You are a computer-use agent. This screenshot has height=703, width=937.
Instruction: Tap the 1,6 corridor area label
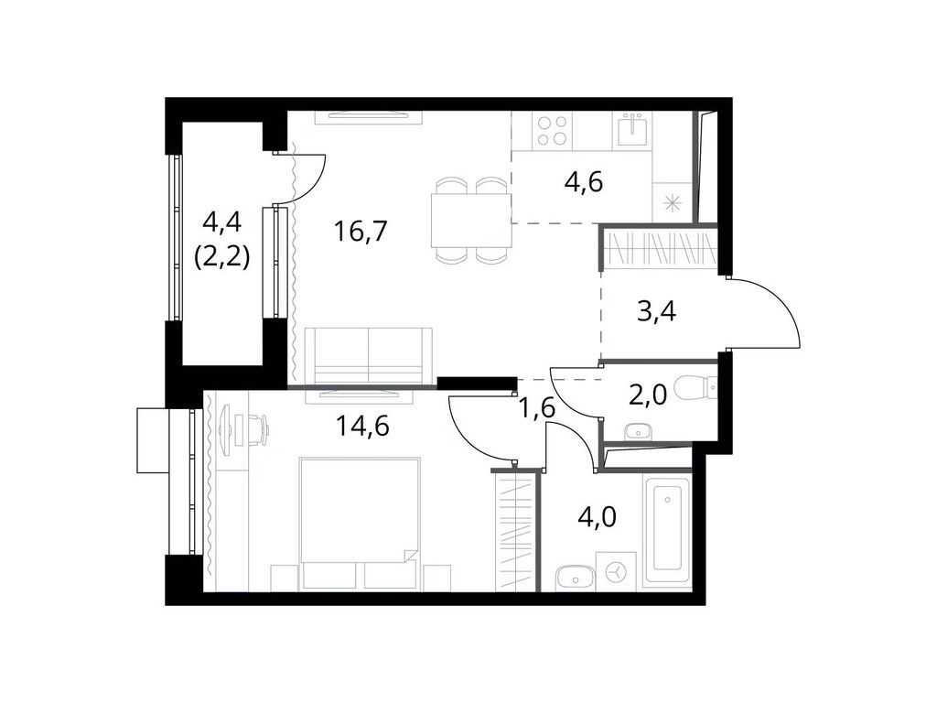tap(537, 409)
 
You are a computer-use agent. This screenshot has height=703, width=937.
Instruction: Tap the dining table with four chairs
tap(471, 220)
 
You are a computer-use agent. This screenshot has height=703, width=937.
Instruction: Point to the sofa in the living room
tap(368, 356)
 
